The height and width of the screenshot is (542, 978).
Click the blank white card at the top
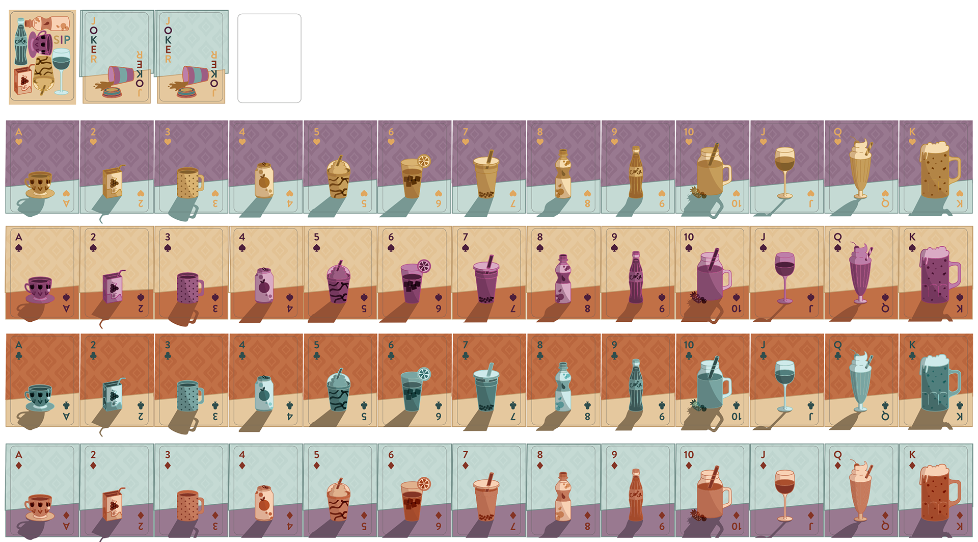pos(269,58)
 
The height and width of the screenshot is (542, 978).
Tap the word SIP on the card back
pos(62,40)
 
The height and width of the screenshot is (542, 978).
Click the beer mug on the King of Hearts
pos(937,171)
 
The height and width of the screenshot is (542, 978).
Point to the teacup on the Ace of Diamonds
pos(39,506)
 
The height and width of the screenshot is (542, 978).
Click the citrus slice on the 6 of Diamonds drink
pos(424,483)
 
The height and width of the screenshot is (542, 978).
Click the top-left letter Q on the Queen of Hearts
pos(837,132)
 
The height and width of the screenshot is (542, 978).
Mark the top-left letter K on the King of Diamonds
pos(912,454)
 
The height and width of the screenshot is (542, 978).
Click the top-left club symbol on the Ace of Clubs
pos(19,356)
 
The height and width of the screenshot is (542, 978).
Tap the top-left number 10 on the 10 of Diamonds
pos(689,454)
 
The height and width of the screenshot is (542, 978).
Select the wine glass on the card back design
pos(62,70)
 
